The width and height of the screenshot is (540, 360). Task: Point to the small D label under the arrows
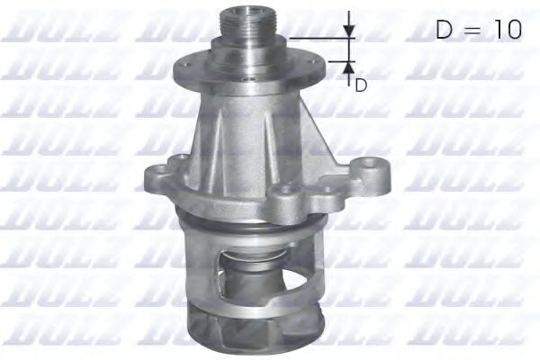point(361,85)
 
